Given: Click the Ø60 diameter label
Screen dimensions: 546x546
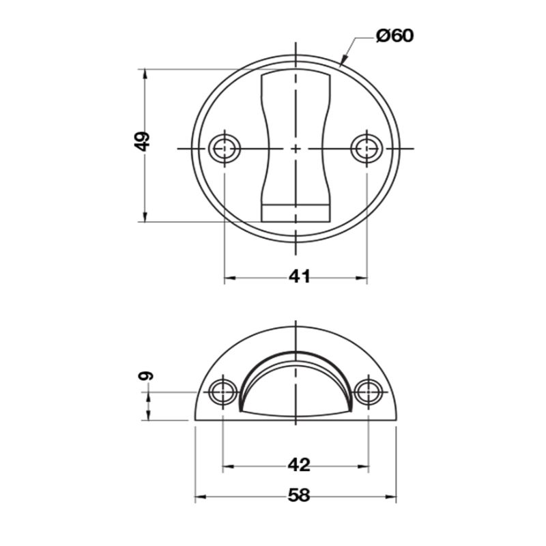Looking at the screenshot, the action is pyautogui.click(x=395, y=36).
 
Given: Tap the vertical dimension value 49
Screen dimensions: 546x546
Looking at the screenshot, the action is pyautogui.click(x=142, y=141).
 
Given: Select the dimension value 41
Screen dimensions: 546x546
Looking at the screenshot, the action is pyautogui.click(x=300, y=277).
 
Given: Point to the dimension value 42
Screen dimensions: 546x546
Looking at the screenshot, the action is pyautogui.click(x=299, y=465).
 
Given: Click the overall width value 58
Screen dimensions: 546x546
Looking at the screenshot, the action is pyautogui.click(x=299, y=495).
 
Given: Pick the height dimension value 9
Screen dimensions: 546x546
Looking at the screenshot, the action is pyautogui.click(x=146, y=376).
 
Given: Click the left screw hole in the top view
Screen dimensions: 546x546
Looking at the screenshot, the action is pyautogui.click(x=225, y=149).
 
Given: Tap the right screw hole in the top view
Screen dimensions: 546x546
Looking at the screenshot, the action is pyautogui.click(x=367, y=149).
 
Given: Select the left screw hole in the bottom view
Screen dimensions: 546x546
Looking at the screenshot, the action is pyautogui.click(x=223, y=392).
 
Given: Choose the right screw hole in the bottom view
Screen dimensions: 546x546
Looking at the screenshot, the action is pyautogui.click(x=369, y=392).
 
